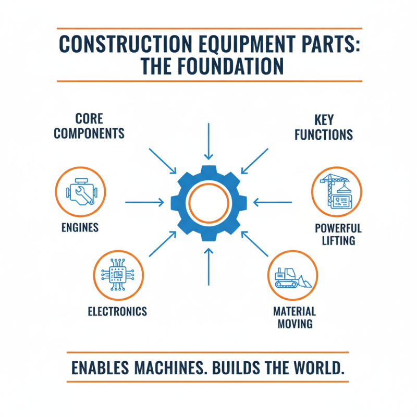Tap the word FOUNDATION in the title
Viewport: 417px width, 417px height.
tap(233, 67)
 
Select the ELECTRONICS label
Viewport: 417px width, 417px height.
tap(117, 312)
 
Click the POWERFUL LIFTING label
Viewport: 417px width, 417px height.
tap(338, 235)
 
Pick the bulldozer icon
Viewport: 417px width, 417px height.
tap(292, 276)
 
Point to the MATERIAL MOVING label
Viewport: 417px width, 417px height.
tap(295, 317)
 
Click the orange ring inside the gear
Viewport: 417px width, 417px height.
tap(208, 203)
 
